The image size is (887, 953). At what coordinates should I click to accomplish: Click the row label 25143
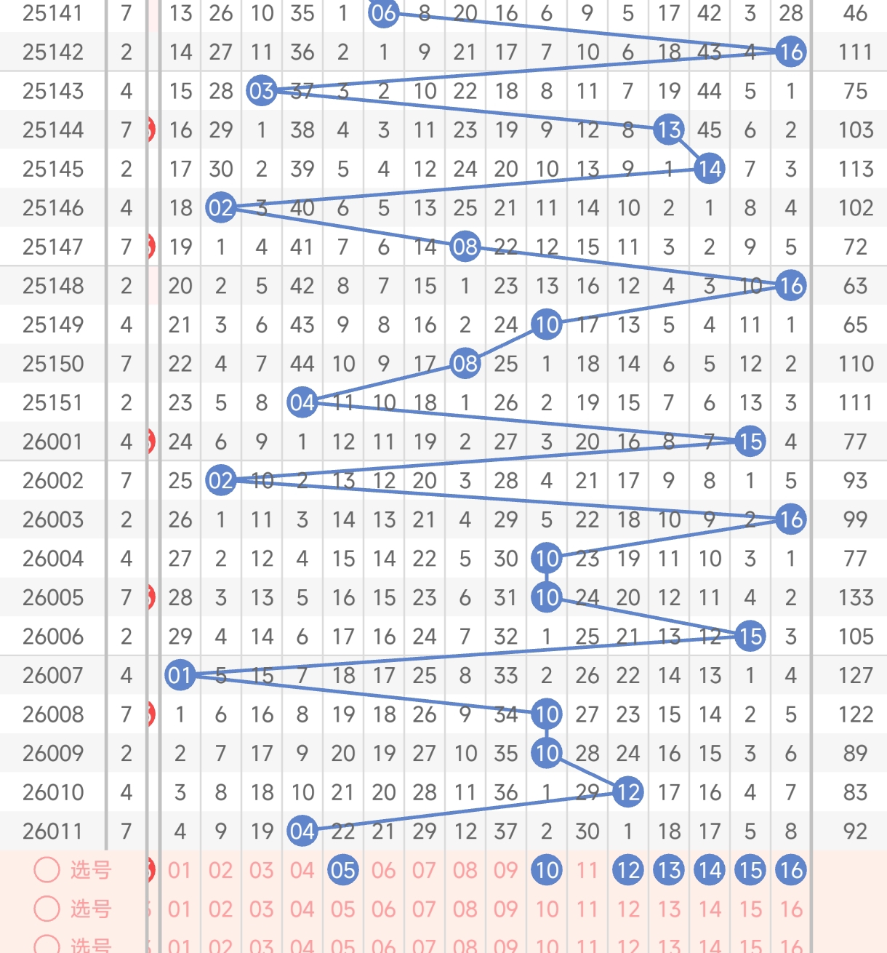tap(52, 91)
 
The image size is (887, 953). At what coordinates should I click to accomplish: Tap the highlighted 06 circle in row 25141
tap(383, 13)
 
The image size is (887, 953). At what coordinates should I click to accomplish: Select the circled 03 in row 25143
tap(261, 91)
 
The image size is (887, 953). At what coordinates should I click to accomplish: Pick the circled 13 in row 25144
tap(668, 130)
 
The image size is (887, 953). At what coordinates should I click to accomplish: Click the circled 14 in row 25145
tap(709, 169)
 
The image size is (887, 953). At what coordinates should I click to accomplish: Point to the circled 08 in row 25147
tap(465, 247)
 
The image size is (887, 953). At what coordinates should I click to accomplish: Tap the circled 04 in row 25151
tap(302, 403)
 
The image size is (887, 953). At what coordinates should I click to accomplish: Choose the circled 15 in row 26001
tap(750, 442)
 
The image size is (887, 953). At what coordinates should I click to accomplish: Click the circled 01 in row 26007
tap(180, 676)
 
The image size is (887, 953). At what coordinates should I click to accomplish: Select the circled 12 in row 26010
tap(627, 792)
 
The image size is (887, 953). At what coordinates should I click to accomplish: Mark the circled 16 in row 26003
tap(790, 519)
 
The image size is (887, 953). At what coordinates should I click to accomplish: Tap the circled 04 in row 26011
tap(302, 831)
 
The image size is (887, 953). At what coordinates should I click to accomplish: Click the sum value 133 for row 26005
tap(855, 598)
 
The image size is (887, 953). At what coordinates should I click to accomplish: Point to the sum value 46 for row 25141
tap(855, 13)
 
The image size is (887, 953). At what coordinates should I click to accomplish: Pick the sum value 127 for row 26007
tap(855, 676)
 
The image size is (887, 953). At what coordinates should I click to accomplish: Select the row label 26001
tap(52, 442)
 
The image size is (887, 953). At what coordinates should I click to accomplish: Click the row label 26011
tap(52, 831)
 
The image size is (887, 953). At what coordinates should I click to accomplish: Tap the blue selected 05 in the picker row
tap(342, 870)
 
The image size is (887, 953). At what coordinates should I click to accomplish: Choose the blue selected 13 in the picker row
tap(668, 870)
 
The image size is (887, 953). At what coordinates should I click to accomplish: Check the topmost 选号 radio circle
tap(47, 870)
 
